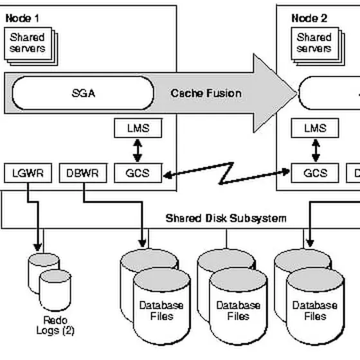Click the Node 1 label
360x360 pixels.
pos(22,19)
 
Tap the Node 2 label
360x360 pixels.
pos(309,19)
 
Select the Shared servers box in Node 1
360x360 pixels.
pos(28,44)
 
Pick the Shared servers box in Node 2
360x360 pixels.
pos(315,44)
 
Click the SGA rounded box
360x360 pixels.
pos(83,93)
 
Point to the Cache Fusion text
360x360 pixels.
pos(206,93)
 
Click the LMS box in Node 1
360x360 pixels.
pos(138,128)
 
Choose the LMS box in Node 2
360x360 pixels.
pos(315,128)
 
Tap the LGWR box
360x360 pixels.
pos(28,173)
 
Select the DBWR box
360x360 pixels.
pos(83,173)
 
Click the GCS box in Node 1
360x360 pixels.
pos(138,173)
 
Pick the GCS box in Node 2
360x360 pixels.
pos(315,173)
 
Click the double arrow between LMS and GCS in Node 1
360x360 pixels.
pos(138,150)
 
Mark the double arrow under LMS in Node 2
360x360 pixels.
pos(316,150)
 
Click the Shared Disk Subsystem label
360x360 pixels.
pos(226,218)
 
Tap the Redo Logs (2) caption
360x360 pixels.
pos(55,325)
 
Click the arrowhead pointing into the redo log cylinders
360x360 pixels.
pos(38,248)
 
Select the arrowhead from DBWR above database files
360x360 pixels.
pos(142,244)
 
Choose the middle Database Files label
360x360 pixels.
pos(239,310)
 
